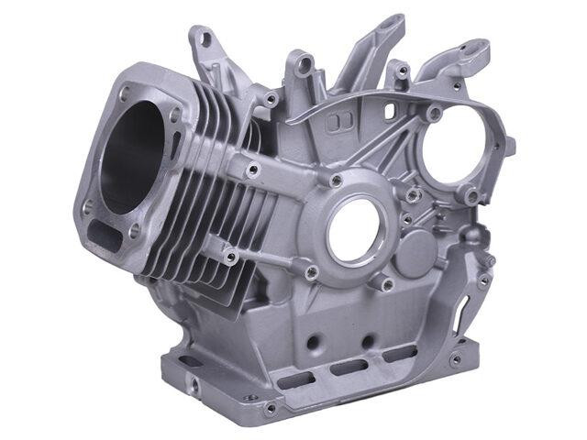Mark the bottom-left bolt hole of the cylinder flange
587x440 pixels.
point(88,208)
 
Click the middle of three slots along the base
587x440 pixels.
point(347,368)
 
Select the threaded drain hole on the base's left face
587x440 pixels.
point(194,386)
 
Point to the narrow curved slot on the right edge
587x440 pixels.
point(483,276)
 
